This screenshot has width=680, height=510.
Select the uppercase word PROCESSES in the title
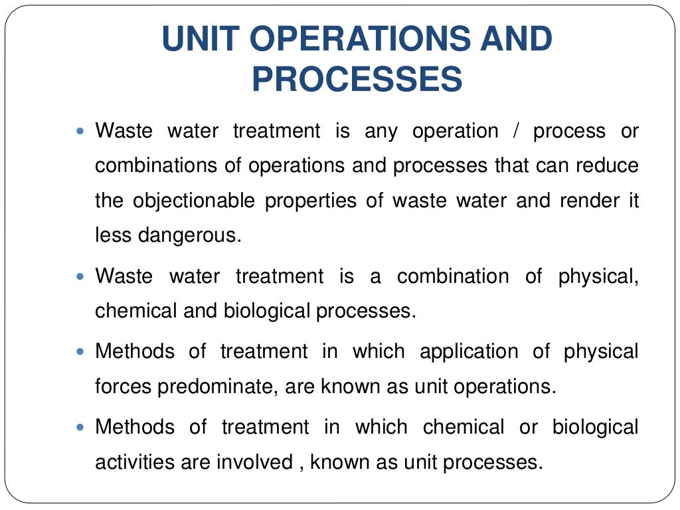point(357,80)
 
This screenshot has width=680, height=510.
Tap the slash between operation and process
point(516,131)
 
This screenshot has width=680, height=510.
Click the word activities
point(135,462)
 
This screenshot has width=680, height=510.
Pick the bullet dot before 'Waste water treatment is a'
point(82,274)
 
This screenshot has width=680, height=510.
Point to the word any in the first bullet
point(381,131)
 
